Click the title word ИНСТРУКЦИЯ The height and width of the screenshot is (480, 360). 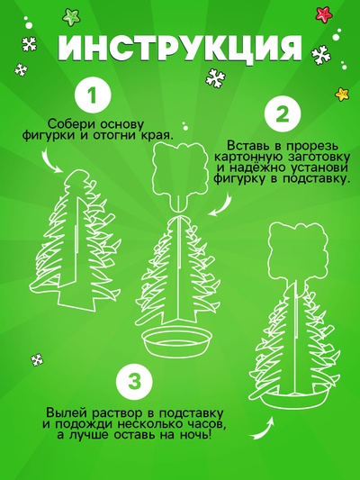[x=180, y=49]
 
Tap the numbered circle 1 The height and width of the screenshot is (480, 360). [x=93, y=95]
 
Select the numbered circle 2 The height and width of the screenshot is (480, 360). [x=283, y=114]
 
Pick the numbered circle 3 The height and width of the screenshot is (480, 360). [x=135, y=381]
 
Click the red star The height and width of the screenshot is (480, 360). [x=324, y=14]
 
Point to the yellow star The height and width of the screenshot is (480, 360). [x=342, y=94]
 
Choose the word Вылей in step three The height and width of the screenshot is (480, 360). [x=64, y=413]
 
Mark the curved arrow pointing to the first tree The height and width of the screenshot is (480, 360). [x=51, y=161]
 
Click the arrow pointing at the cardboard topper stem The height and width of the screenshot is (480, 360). [x=223, y=204]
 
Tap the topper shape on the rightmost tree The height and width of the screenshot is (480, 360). [x=298, y=249]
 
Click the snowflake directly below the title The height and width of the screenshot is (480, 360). [x=216, y=78]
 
